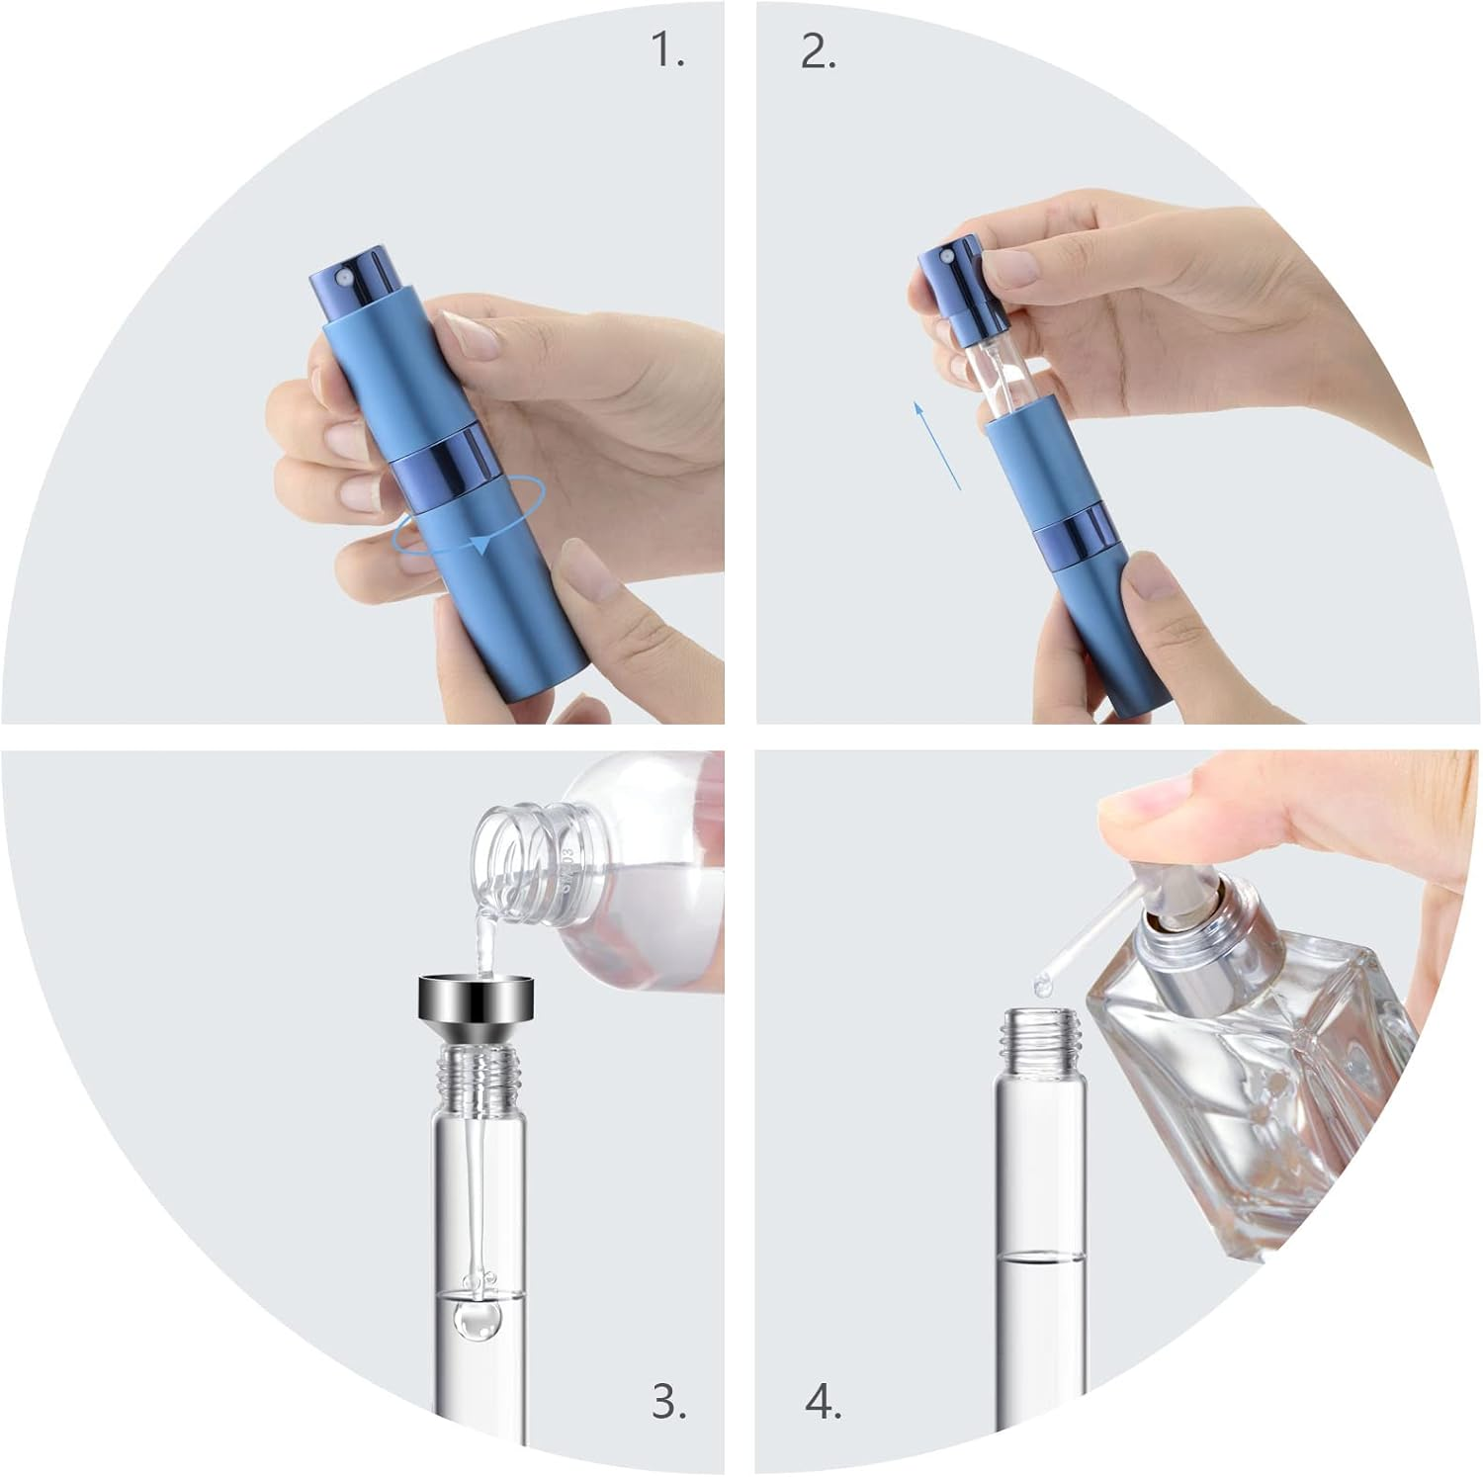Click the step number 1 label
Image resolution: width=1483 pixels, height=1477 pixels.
tap(668, 52)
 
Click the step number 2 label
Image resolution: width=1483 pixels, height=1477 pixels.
tap(818, 52)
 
